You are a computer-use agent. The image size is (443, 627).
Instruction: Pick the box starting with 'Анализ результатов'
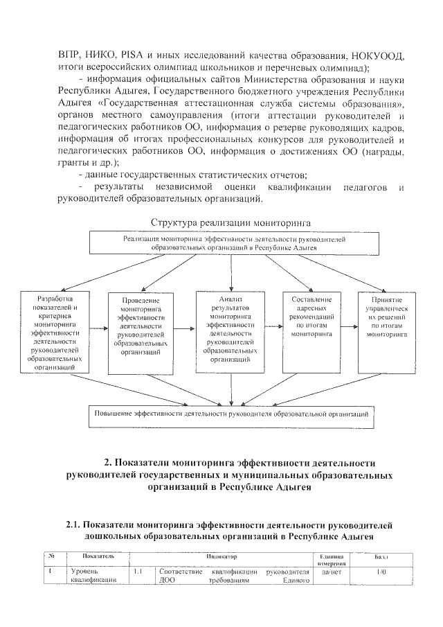pos(230,332)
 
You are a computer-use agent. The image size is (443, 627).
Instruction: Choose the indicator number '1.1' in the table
pos(138,572)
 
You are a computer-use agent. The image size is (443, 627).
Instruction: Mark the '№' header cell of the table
pos(53,556)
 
